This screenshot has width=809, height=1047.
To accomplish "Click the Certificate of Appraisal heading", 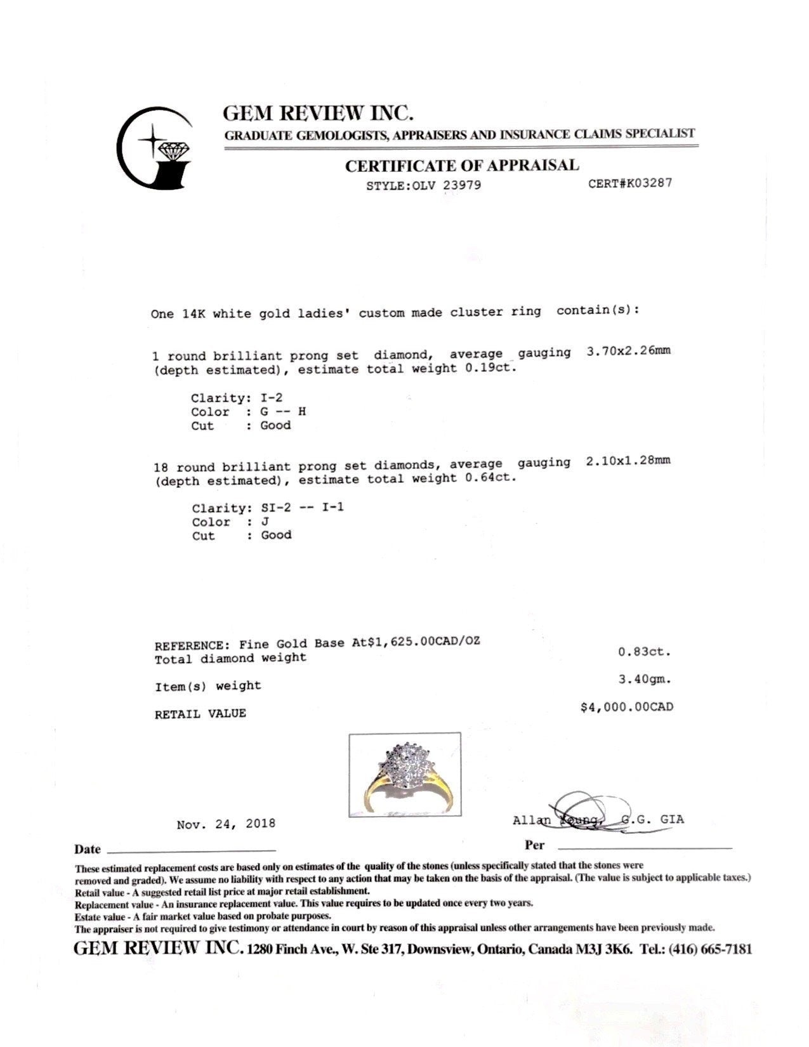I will [462, 166].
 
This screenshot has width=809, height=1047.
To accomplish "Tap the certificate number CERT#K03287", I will [630, 183].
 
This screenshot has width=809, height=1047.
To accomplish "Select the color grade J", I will [265, 522].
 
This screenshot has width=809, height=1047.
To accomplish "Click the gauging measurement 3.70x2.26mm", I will [628, 351].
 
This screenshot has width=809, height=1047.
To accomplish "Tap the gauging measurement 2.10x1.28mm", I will [628, 461].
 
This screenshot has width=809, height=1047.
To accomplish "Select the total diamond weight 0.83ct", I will [645, 652].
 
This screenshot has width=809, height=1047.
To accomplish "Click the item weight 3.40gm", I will [645, 679].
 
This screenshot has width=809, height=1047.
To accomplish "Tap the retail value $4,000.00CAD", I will [627, 707].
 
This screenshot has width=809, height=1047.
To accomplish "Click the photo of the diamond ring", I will [405, 774].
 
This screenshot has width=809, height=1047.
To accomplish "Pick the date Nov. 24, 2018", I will [226, 824].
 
